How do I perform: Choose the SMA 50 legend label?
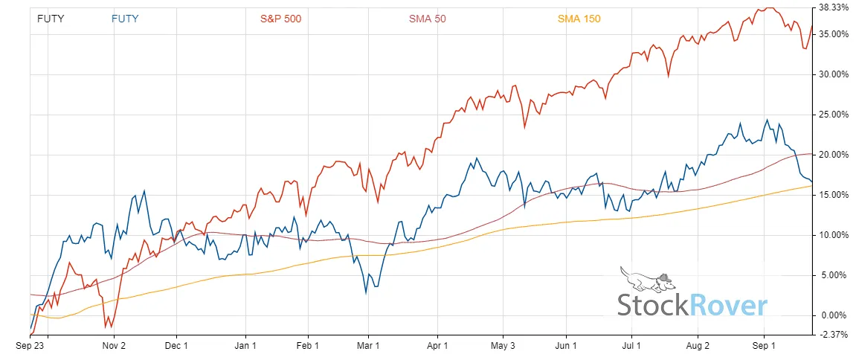(x=428, y=19)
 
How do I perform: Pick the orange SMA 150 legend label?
(x=579, y=19)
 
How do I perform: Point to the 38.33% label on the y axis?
(x=833, y=7)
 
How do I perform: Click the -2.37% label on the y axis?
(x=834, y=335)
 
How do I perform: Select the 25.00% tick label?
(x=833, y=115)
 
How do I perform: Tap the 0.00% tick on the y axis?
(x=834, y=315)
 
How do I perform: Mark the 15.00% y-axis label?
(x=833, y=195)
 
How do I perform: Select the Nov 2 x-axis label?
(x=113, y=346)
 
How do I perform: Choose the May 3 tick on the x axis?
(x=503, y=346)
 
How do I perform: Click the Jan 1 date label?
(x=245, y=346)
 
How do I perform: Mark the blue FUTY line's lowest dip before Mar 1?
(x=366, y=293)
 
